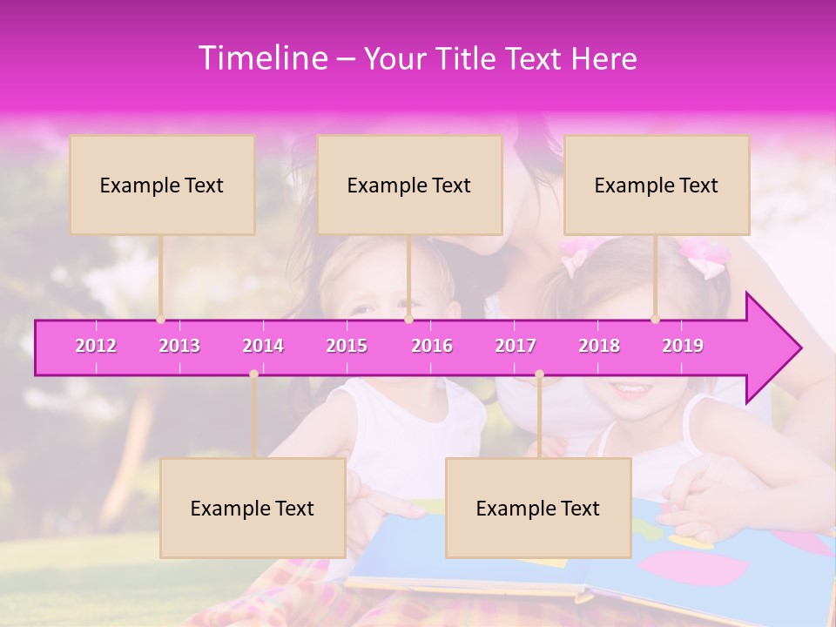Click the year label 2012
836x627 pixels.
pyautogui.click(x=96, y=346)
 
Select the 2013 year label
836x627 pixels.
pyautogui.click(x=179, y=346)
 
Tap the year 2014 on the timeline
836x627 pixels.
pyautogui.click(x=263, y=346)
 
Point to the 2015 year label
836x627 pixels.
pyautogui.click(x=347, y=346)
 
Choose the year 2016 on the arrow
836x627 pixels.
pyautogui.click(x=432, y=346)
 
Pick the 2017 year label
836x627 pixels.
pyautogui.click(x=516, y=346)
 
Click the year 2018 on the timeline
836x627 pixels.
pyautogui.click(x=599, y=346)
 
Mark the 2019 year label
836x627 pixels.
pyautogui.click(x=683, y=346)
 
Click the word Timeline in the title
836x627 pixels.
pyautogui.click(x=263, y=58)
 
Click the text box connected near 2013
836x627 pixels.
pyautogui.click(x=162, y=185)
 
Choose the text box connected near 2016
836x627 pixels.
pyautogui.click(x=409, y=185)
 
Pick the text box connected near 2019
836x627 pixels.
pyautogui.click(x=657, y=185)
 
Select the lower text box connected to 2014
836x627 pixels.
pyautogui.click(x=253, y=508)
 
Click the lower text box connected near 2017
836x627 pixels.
pyautogui.click(x=538, y=508)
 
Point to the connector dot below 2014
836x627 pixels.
pyautogui.click(x=253, y=374)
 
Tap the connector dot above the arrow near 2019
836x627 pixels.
pyautogui.click(x=656, y=320)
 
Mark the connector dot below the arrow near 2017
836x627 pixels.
pyautogui.click(x=539, y=374)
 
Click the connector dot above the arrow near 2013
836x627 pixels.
pyautogui.click(x=160, y=320)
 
